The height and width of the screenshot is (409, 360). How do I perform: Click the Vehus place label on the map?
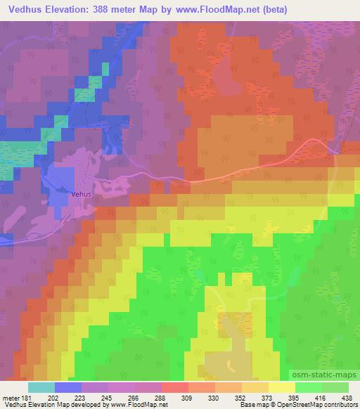pyautogui.click(x=82, y=197)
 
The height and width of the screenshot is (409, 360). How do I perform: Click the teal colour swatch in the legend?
pyautogui.click(x=41, y=387)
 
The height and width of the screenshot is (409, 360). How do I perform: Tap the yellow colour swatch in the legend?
pyautogui.click(x=282, y=387)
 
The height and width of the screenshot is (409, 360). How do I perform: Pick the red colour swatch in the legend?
pyautogui.click(x=175, y=387)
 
